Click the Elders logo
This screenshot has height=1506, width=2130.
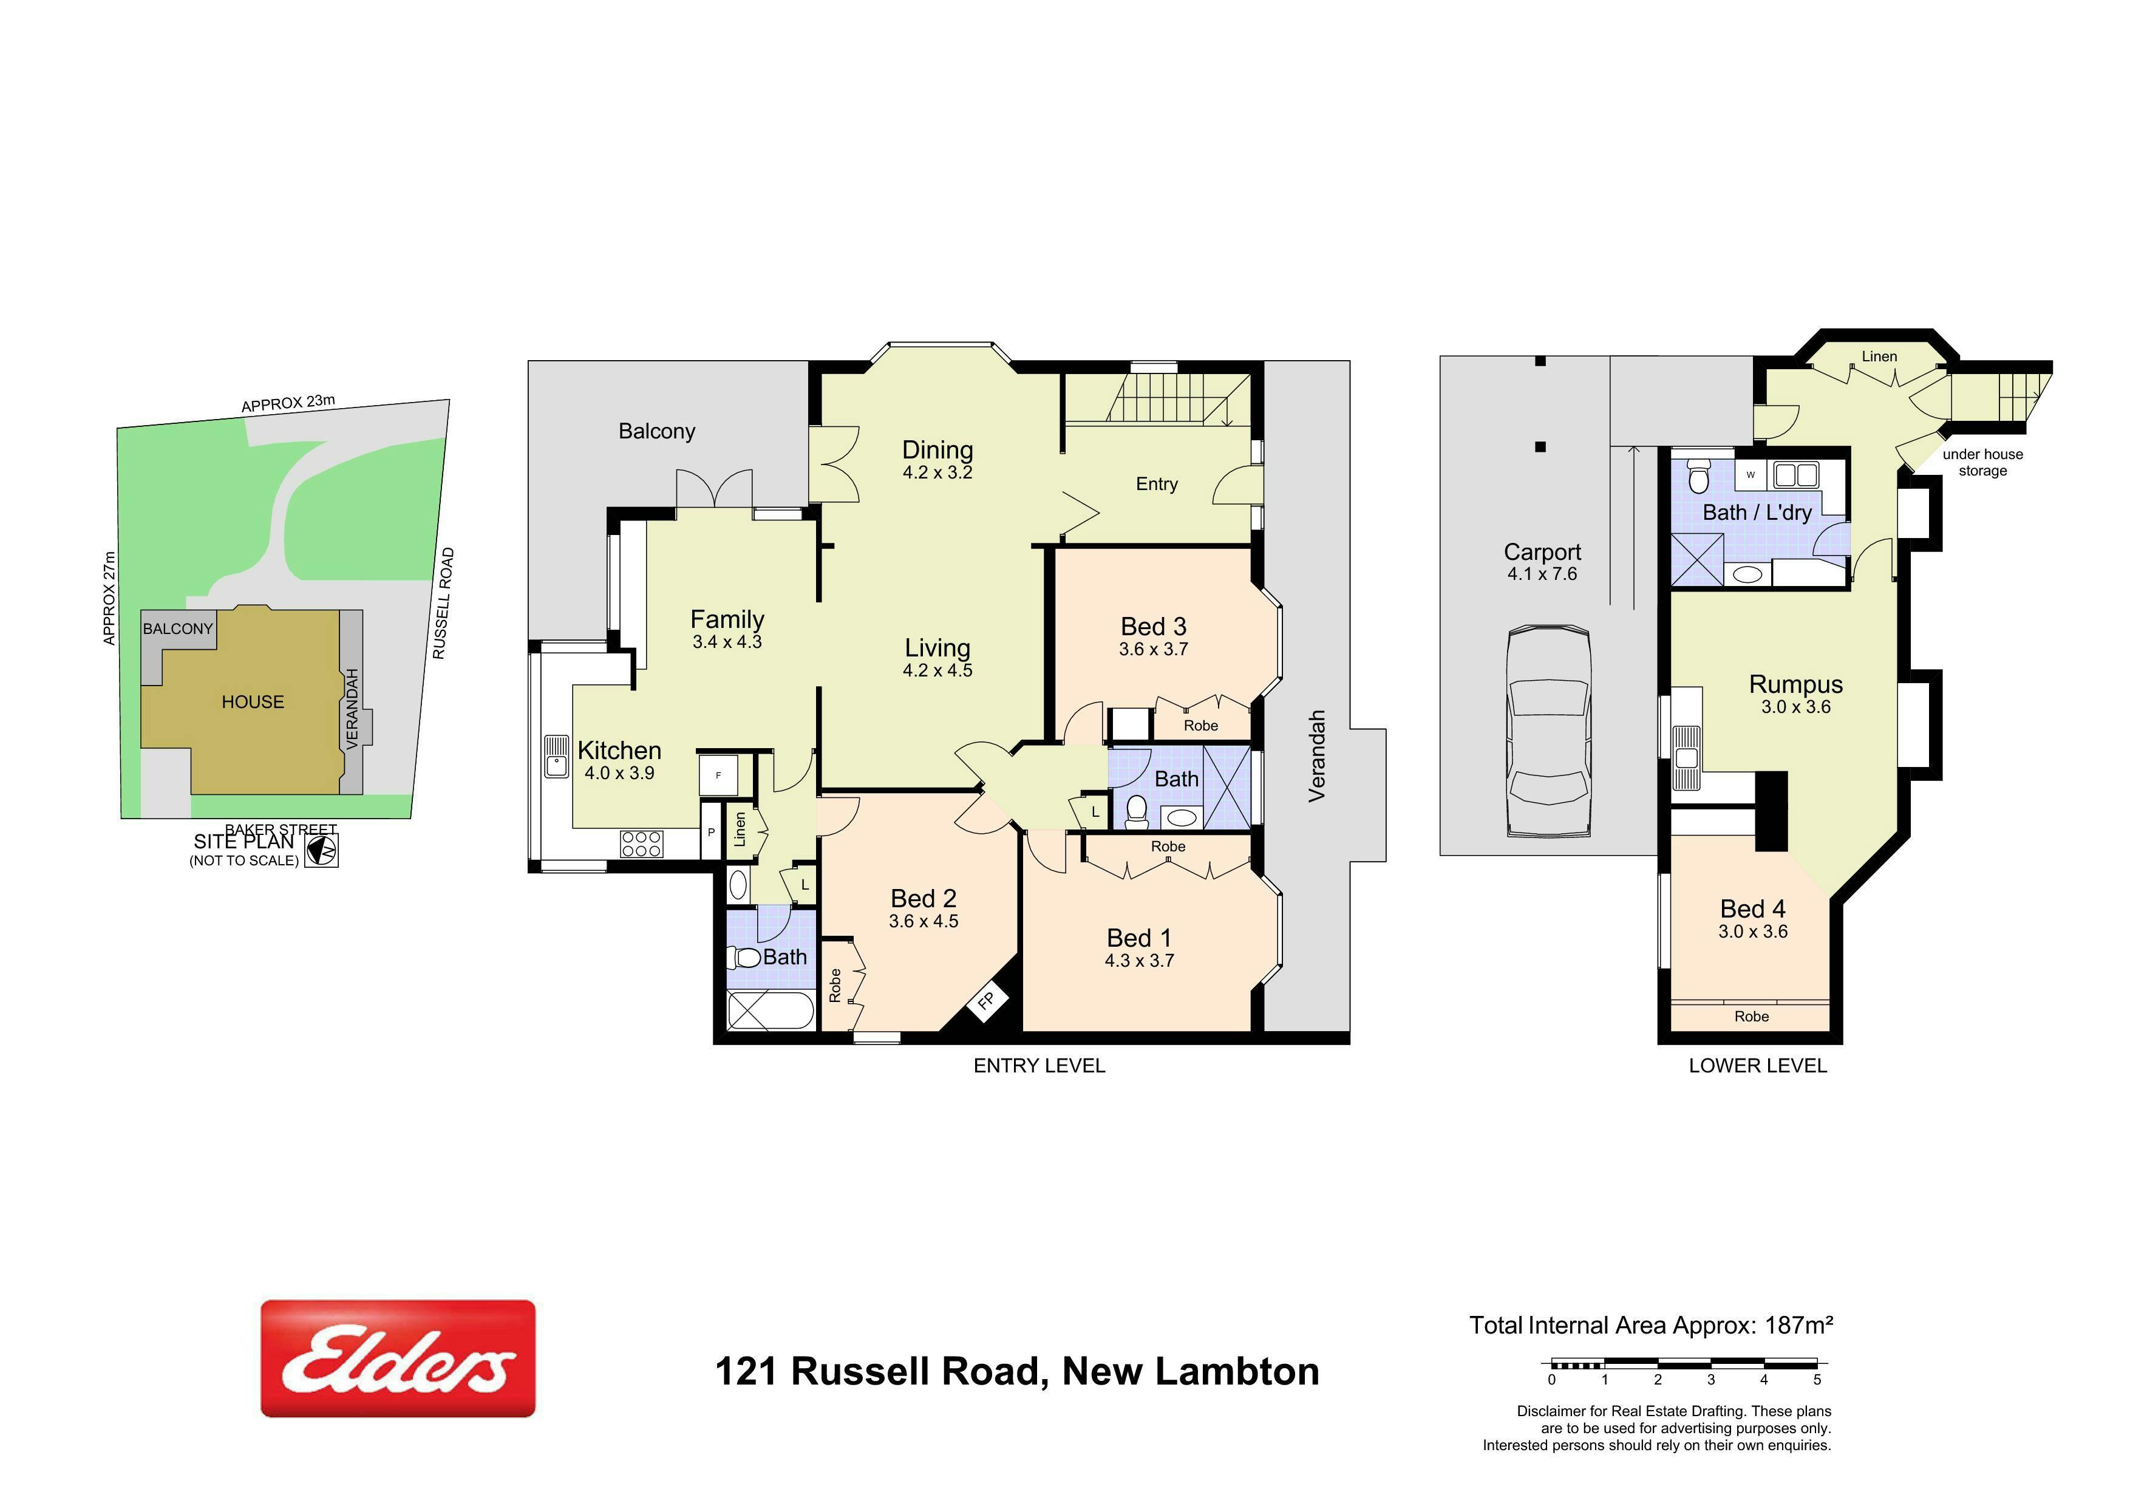click(x=398, y=1358)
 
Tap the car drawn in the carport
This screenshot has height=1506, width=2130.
click(x=1550, y=732)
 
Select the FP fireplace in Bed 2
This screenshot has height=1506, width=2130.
click(x=985, y=1000)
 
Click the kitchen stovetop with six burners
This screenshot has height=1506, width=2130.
click(x=642, y=843)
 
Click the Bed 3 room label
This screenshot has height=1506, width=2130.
click(x=1153, y=626)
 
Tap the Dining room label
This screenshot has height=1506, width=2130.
click(x=937, y=450)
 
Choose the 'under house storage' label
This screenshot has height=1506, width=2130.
click(x=1982, y=462)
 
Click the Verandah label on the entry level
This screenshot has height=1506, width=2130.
click(x=1316, y=755)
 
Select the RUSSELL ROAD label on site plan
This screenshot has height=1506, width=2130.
click(x=443, y=603)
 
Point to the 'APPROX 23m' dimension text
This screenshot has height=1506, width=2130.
click(x=288, y=403)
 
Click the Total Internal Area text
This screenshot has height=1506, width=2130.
click(x=1650, y=1325)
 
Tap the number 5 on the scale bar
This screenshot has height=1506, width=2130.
click(x=1817, y=1380)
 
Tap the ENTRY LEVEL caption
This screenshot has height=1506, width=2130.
click(x=1039, y=1066)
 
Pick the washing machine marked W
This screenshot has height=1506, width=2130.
click(x=1751, y=474)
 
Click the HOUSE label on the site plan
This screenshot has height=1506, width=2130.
click(x=253, y=703)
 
